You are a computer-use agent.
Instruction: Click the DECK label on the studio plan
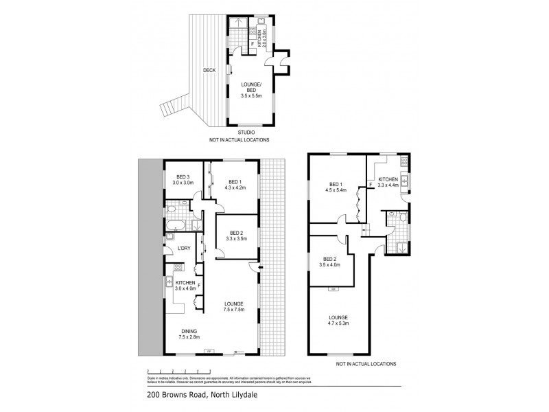point(210,70)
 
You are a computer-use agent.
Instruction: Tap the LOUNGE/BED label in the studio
point(252,87)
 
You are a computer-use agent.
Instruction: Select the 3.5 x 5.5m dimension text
point(252,96)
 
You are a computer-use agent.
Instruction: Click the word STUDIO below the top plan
point(246,132)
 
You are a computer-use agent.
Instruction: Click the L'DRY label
point(184,248)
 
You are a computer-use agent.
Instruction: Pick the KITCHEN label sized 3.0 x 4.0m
point(185,283)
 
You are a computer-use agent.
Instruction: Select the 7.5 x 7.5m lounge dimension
point(235,309)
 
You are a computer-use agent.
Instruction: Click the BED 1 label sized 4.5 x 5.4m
point(335,184)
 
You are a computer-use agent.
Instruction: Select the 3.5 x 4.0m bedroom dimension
point(330,264)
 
